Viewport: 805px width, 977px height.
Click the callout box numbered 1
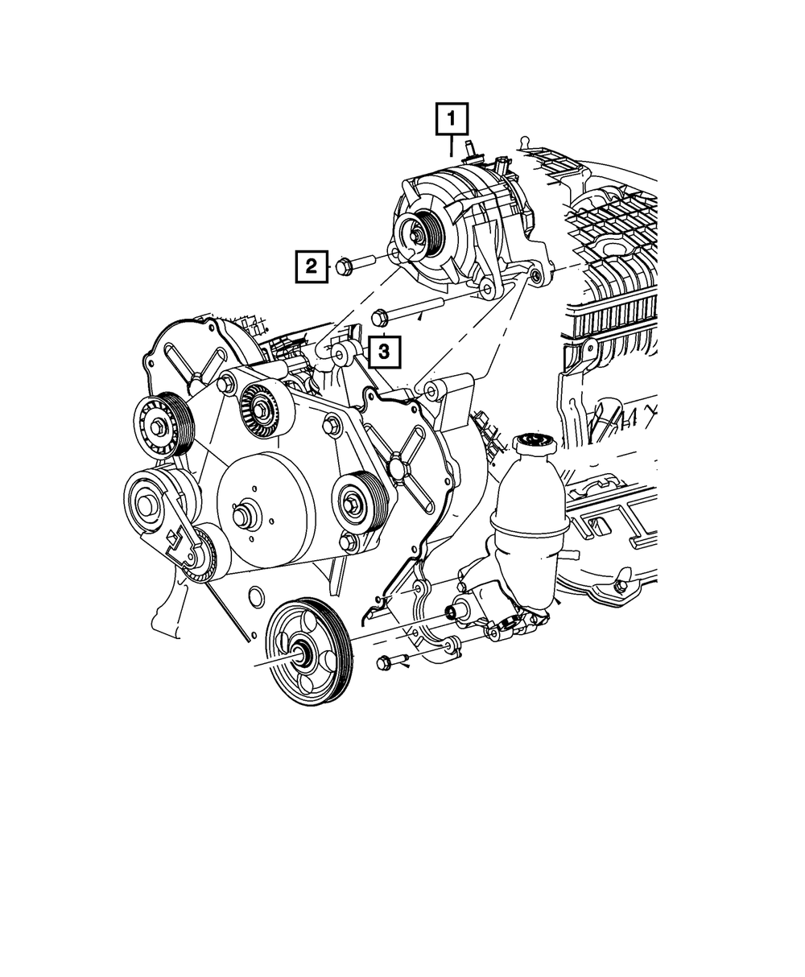click(x=452, y=120)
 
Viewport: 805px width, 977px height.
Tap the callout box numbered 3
click(x=384, y=351)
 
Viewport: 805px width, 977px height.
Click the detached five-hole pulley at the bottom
click(x=307, y=652)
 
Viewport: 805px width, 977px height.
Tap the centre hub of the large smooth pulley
click(x=243, y=515)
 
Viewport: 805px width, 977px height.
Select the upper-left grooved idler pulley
click(x=161, y=424)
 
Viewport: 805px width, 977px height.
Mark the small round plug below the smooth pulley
click(x=255, y=597)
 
